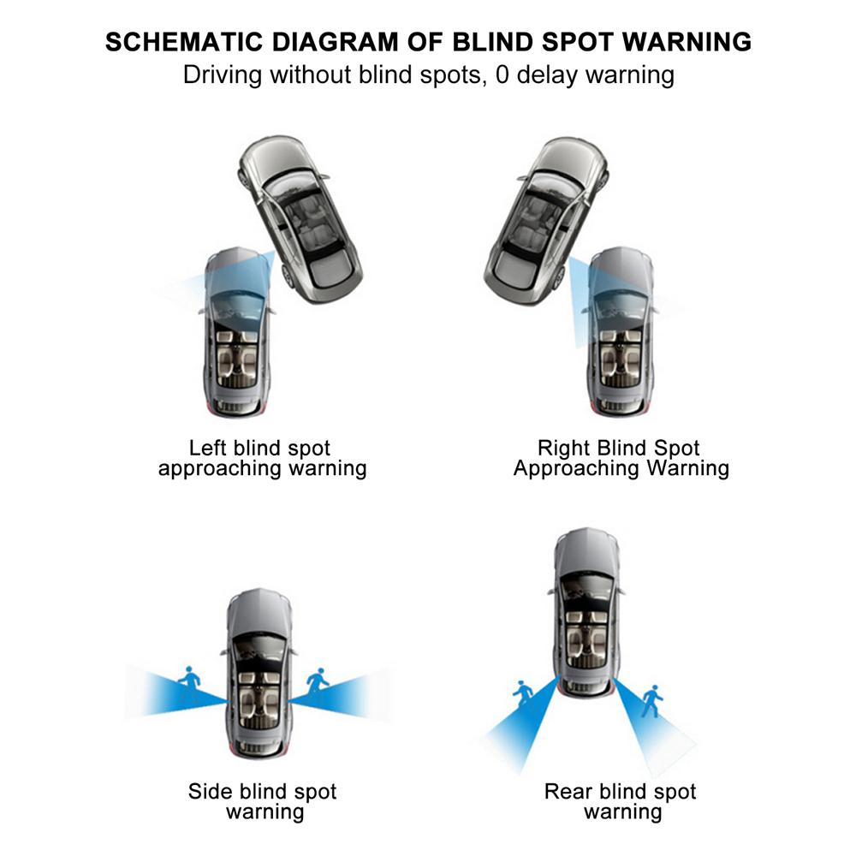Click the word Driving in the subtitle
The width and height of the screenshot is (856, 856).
[223, 74]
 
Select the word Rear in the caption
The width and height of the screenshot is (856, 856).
[568, 792]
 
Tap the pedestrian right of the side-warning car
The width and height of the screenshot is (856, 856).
[318, 682]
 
